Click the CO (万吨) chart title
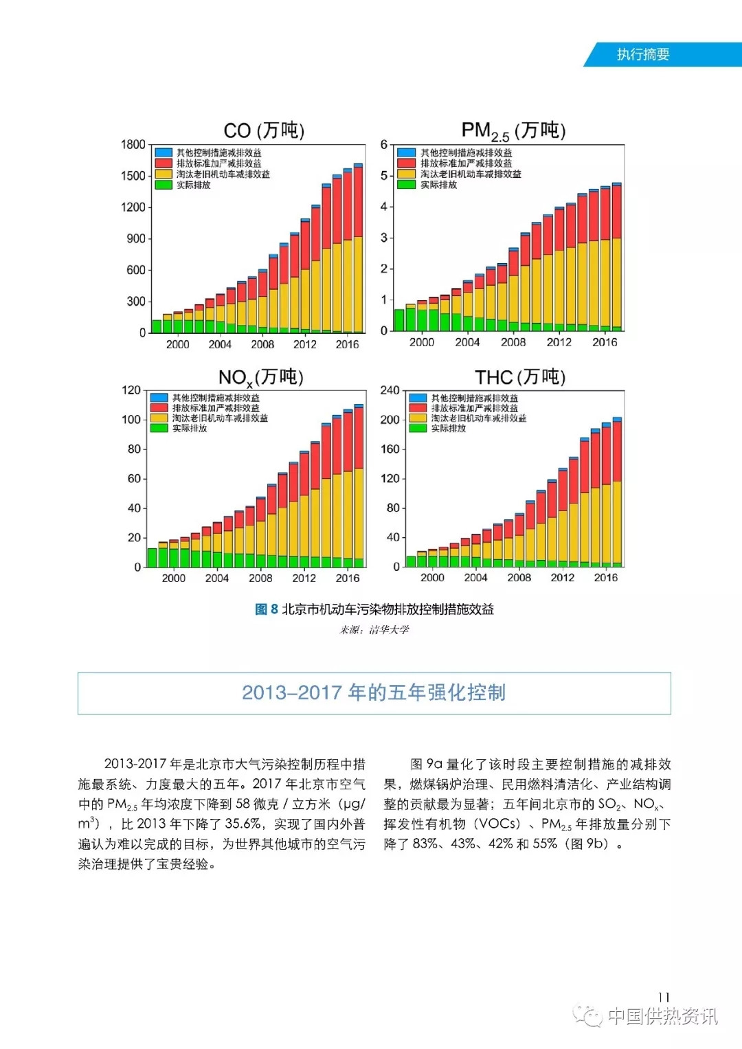(264, 131)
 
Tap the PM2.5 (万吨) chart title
(513, 131)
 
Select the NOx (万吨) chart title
(261, 377)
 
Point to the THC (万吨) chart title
(520, 377)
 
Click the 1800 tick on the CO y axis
(133, 144)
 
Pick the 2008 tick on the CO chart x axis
(262, 344)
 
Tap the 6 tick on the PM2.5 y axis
(384, 144)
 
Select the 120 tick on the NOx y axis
(131, 390)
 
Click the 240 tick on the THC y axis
(390, 390)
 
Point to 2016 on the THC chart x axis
(605, 578)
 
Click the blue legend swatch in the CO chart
(164, 153)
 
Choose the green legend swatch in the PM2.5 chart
(407, 185)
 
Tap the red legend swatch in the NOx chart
(159, 408)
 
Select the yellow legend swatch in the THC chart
(418, 418)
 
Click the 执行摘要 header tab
(643, 55)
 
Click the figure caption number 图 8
(267, 609)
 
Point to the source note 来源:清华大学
(374, 629)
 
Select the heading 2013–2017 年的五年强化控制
(374, 692)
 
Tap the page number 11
(664, 997)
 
